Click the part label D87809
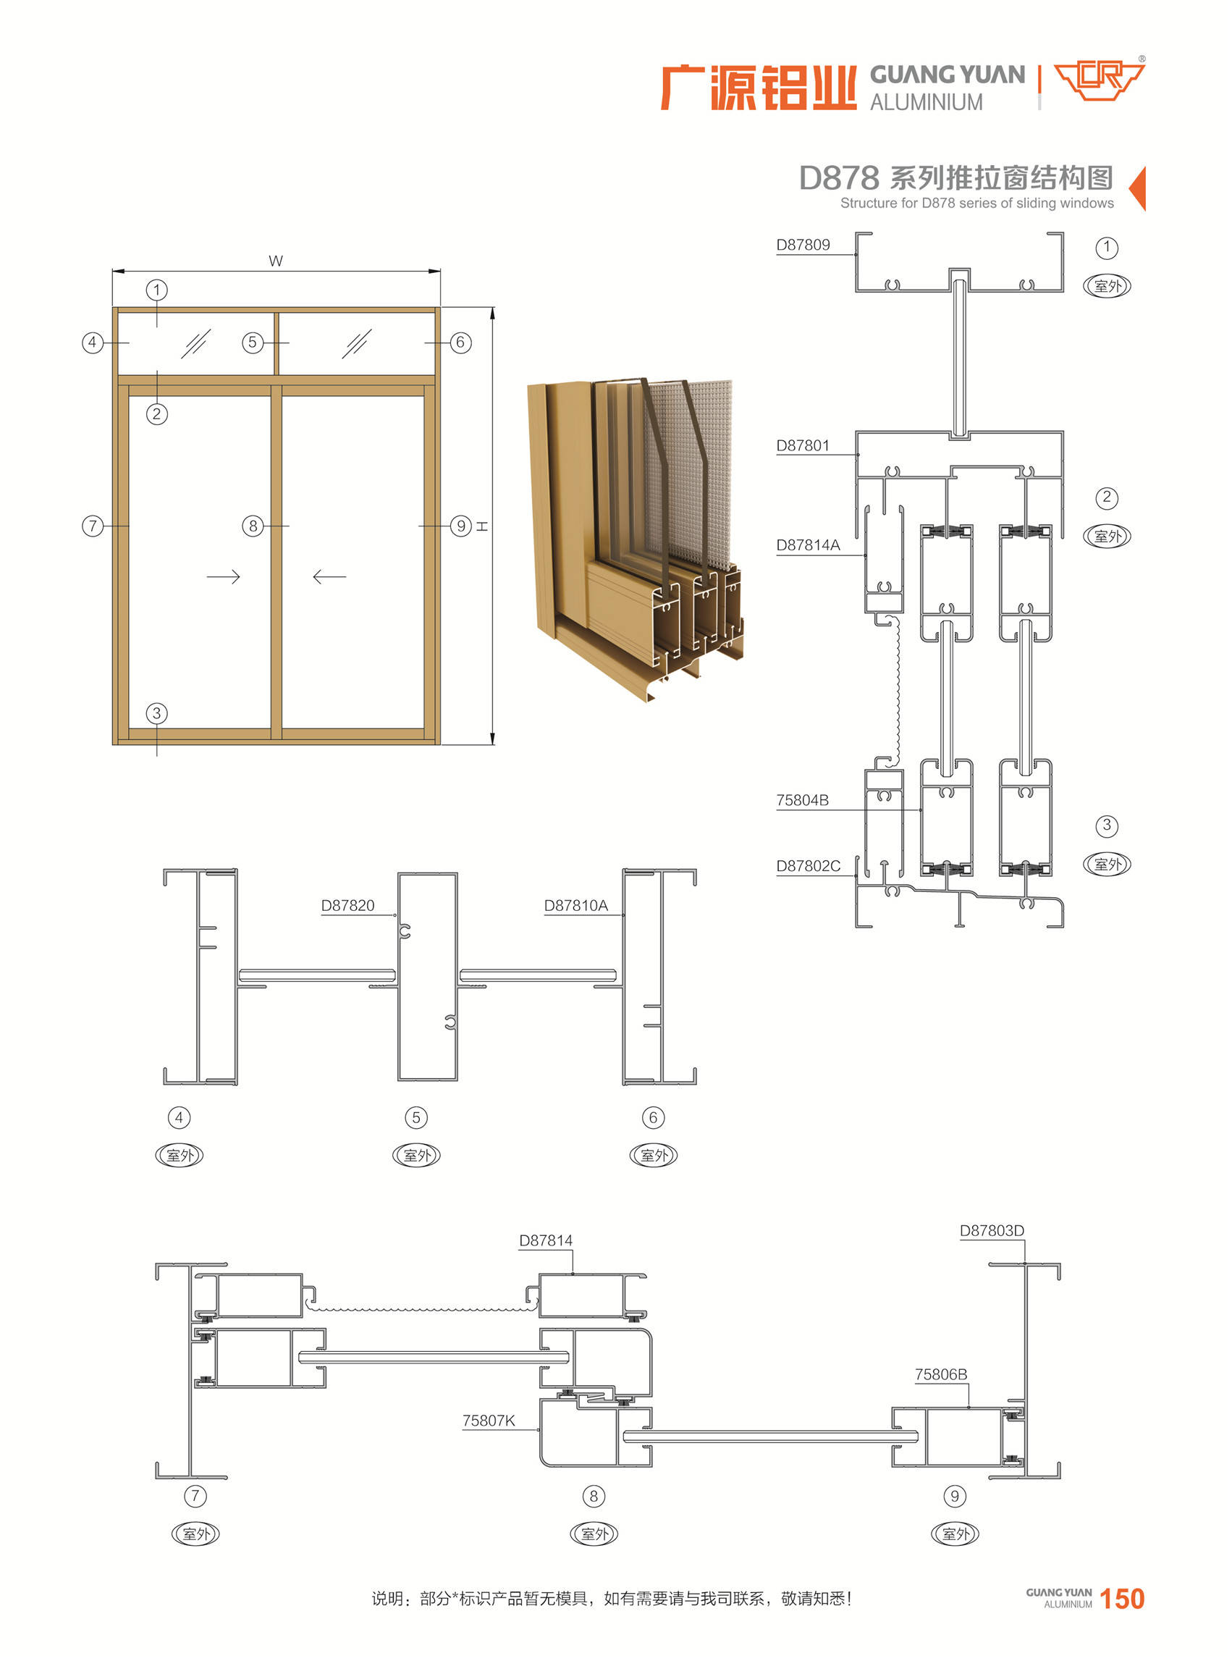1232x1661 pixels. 803,245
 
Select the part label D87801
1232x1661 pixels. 803,445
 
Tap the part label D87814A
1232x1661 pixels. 808,545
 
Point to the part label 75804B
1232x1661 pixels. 803,800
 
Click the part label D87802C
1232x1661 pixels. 809,866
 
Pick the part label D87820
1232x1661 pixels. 347,906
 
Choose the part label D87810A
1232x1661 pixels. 575,906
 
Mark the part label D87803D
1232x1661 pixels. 992,1231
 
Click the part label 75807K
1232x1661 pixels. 489,1421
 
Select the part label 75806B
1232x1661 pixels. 941,1374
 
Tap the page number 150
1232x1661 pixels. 1123,1598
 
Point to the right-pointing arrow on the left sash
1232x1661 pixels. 223,577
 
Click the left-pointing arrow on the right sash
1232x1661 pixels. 329,577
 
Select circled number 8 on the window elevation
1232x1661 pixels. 253,526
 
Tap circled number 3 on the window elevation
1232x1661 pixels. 156,713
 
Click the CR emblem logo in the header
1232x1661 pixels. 1100,80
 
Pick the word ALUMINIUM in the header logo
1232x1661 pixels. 927,102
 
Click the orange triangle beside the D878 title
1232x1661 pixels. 1137,189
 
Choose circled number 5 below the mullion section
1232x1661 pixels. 416,1117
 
